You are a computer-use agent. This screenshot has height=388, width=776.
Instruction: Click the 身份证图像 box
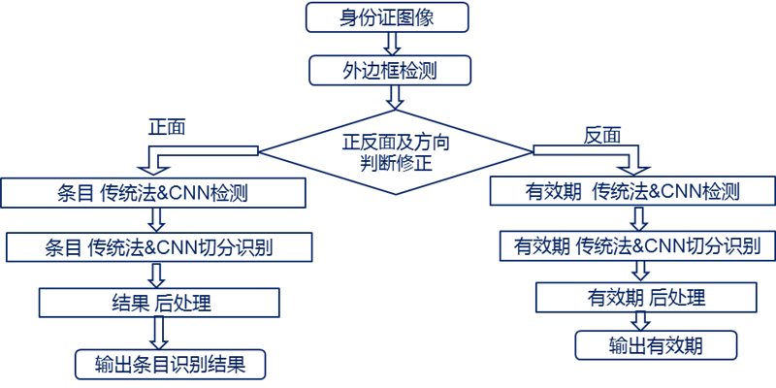(x=386, y=17)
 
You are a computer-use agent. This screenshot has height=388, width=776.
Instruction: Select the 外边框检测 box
(x=390, y=70)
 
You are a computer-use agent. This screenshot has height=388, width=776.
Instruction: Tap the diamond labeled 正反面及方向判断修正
(x=395, y=151)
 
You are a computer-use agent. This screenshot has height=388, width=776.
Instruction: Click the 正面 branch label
(x=167, y=126)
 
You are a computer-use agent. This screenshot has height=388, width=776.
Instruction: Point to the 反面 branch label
(x=602, y=135)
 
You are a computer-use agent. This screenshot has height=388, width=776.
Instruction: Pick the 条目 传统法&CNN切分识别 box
(x=159, y=246)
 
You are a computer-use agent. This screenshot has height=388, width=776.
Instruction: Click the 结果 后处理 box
(x=159, y=303)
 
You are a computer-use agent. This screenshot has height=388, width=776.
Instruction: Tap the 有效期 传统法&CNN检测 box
(x=633, y=190)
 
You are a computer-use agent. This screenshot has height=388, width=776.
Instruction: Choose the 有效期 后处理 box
(x=646, y=297)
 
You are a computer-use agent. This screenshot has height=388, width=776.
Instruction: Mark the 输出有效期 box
(x=656, y=344)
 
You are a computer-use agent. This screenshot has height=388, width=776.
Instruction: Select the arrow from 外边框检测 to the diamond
(x=395, y=97)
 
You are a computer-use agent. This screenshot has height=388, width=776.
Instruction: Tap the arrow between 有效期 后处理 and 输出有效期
(x=642, y=321)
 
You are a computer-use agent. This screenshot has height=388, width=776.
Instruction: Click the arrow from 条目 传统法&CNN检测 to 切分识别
(x=156, y=220)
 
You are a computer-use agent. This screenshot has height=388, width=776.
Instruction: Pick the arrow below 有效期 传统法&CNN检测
(x=641, y=217)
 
